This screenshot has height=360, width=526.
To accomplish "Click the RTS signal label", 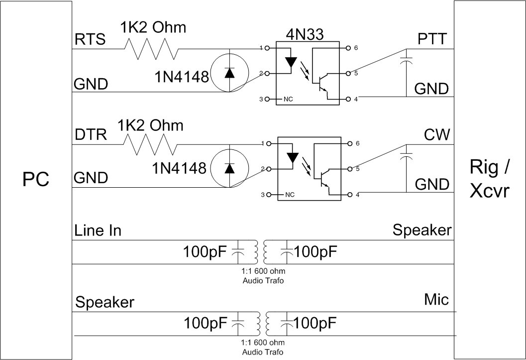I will (90, 39).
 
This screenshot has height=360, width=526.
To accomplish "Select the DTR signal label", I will (90, 135).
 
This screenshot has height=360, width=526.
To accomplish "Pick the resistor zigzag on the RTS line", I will (151, 49).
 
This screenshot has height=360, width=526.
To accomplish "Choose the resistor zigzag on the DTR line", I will (151, 144).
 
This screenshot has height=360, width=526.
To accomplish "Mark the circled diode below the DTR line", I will (229, 168).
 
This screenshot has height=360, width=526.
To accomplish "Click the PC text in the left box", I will (36, 179).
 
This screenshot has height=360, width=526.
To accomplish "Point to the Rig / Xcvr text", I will (489, 179).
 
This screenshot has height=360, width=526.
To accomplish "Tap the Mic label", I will (436, 299).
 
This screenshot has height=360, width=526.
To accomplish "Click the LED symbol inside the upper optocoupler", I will (292, 62).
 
